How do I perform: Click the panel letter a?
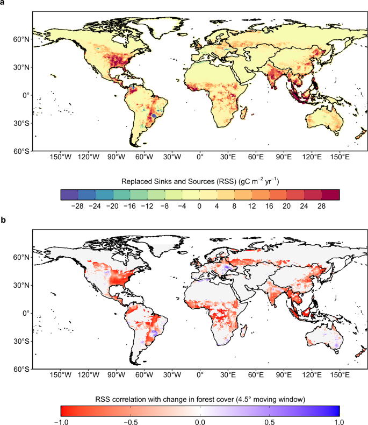pyautogui.click(x=3, y=4)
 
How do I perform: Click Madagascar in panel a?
pyautogui.click(x=244, y=114)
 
